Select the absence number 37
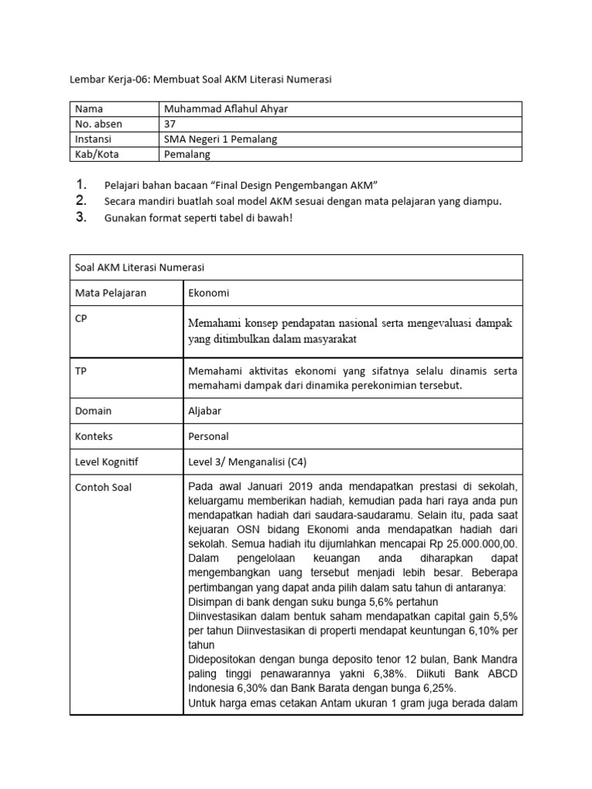pyautogui.click(x=170, y=124)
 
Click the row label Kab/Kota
pyautogui.click(x=96, y=153)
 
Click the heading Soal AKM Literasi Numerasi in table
pyautogui.click(x=140, y=267)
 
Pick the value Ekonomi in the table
pyautogui.click(x=208, y=294)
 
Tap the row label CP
pyautogui.click(x=82, y=319)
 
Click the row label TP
pyautogui.click(x=81, y=371)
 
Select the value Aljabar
pyautogui.click(x=204, y=411)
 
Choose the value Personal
pyautogui.click(x=208, y=436)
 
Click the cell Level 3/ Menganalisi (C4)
pyautogui.click(x=247, y=462)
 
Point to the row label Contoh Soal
pyautogui.click(x=103, y=487)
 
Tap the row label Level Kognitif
pyautogui.click(x=111, y=462)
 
